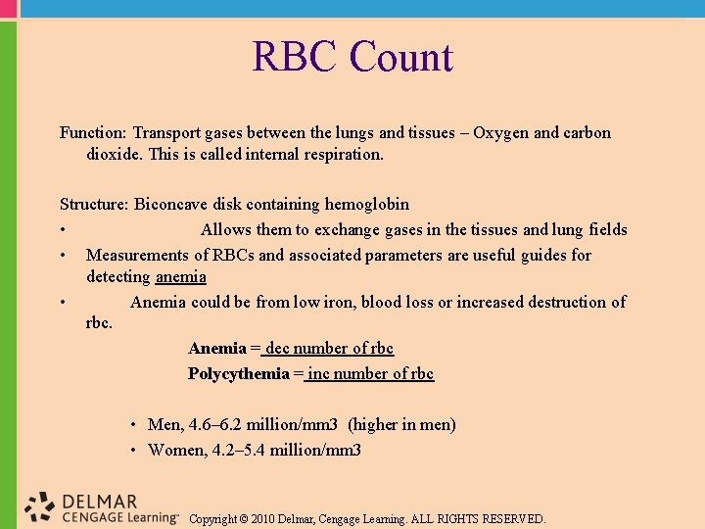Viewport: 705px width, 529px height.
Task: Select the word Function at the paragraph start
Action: click(93, 132)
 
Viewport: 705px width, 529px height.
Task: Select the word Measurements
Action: click(138, 256)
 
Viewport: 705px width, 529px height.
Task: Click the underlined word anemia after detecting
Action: click(180, 277)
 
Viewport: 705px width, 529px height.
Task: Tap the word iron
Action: click(339, 302)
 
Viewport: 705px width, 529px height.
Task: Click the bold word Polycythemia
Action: click(238, 373)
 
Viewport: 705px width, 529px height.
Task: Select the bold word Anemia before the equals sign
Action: click(216, 348)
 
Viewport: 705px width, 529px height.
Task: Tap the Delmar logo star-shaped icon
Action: click(40, 506)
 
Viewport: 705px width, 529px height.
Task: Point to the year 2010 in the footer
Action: click(264, 519)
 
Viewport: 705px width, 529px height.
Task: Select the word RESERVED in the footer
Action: click(511, 519)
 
